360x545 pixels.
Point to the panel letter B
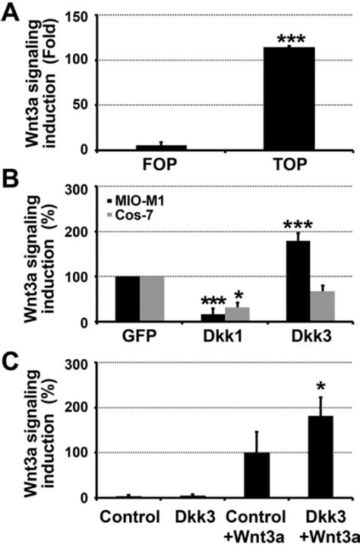pos(11,180)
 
